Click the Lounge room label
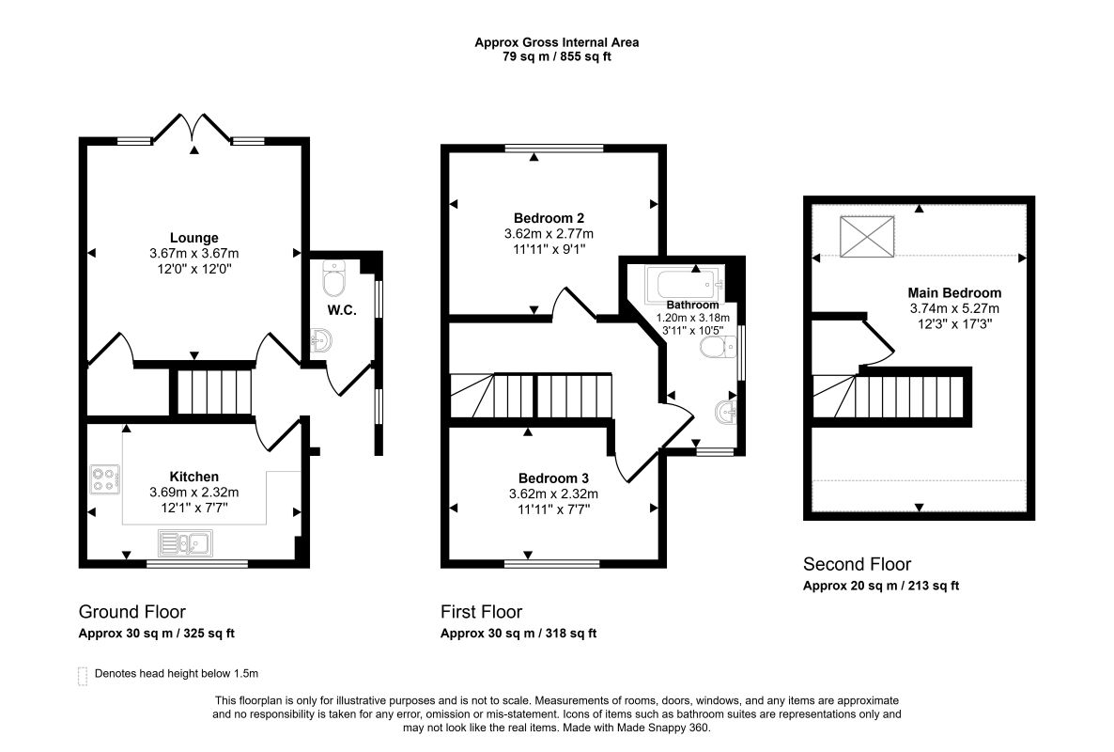click(x=193, y=238)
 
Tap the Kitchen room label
click(x=193, y=477)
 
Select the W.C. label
click(x=342, y=310)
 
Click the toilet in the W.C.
click(x=333, y=278)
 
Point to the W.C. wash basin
click(x=321, y=340)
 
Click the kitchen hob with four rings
click(x=104, y=479)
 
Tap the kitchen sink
click(x=185, y=543)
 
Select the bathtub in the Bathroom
click(x=685, y=284)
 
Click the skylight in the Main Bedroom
click(x=867, y=236)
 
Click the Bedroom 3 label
click(x=553, y=478)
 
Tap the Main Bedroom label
click(x=955, y=293)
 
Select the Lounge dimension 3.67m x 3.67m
click(x=193, y=253)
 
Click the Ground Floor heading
click(x=132, y=611)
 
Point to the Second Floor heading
click(x=857, y=564)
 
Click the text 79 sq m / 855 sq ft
click(x=557, y=56)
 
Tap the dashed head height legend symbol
click(x=83, y=676)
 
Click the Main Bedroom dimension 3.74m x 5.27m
click(x=955, y=308)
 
